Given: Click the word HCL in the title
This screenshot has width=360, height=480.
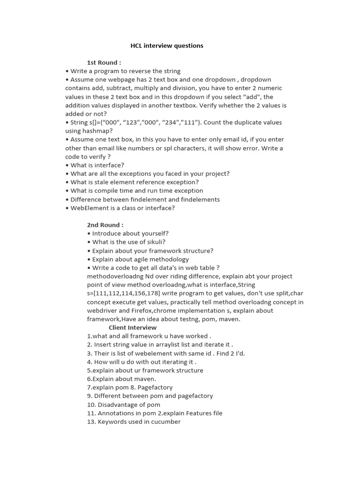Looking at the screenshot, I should pyautogui.click(x=136, y=46).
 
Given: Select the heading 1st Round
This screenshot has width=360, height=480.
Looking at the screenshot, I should pyautogui.click(x=104, y=63).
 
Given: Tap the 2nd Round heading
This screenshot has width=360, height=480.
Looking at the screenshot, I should pyautogui.click(x=105, y=225).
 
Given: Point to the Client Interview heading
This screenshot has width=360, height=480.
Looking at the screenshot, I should pyautogui.click(x=133, y=328).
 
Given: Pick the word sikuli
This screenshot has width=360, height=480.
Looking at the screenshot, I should pyautogui.click(x=151, y=242).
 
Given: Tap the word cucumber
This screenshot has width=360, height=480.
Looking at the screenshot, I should pyautogui.click(x=165, y=422).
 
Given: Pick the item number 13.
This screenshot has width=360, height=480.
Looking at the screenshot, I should pyautogui.click(x=91, y=422).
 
